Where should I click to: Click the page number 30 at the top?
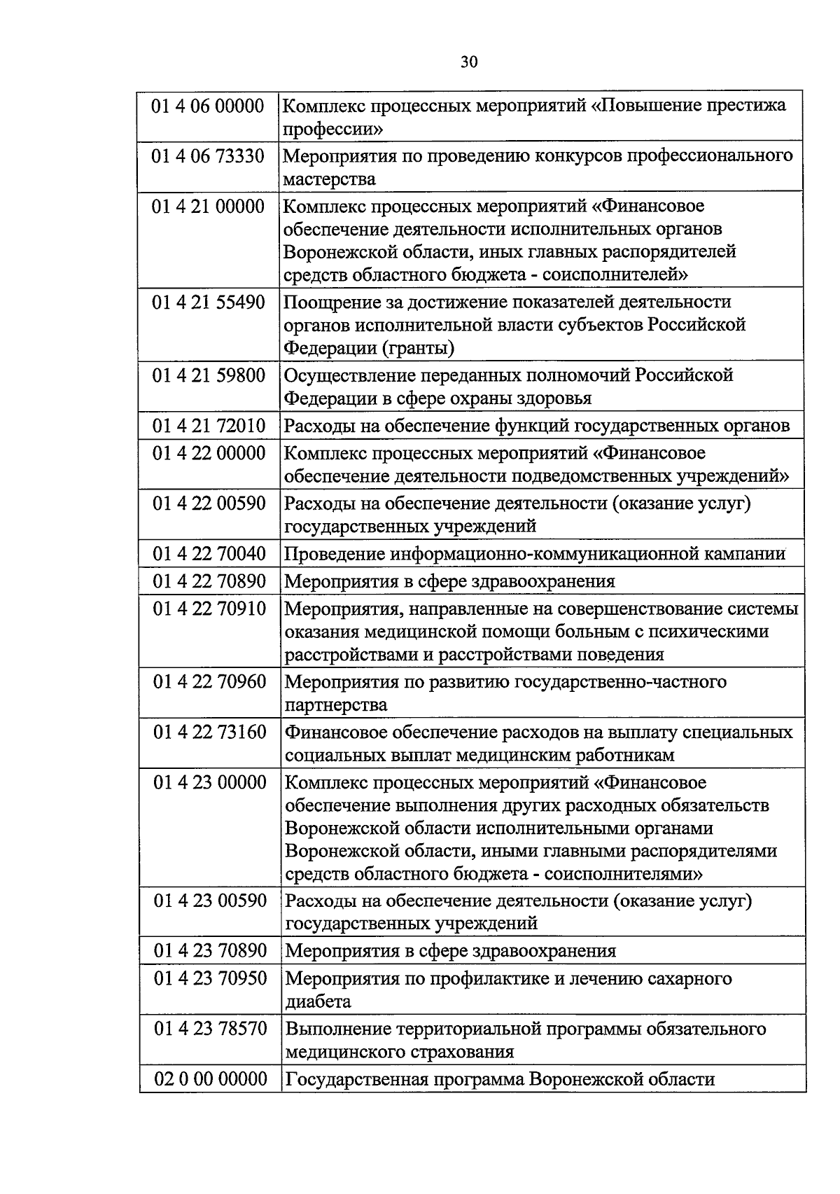(470, 62)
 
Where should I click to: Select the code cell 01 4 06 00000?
(209, 106)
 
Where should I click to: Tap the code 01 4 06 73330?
(209, 156)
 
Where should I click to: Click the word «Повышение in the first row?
(653, 106)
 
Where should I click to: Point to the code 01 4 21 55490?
(209, 303)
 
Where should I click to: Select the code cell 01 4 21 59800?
(209, 376)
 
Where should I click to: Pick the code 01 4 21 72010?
(209, 426)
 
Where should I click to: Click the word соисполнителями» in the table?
(624, 874)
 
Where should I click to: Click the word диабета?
(318, 1001)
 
